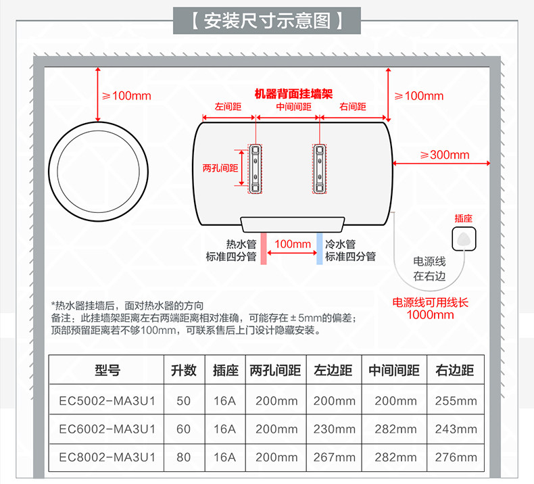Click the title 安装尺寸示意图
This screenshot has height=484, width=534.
pos(266,20)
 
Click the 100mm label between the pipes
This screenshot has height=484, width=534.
pos(293,243)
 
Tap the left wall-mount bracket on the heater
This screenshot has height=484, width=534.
pos(256,168)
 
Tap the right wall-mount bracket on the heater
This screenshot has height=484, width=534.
pos(319,168)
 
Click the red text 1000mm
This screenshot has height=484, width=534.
pos(430,314)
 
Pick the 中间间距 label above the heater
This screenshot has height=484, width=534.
pos(293,107)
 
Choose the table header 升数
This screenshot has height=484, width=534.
pos(183,370)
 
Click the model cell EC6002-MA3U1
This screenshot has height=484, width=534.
pos(107,429)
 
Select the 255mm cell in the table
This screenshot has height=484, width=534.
pos(456,400)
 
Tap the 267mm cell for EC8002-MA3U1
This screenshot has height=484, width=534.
pos(334,458)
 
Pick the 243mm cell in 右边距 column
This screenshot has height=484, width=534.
pos(456,429)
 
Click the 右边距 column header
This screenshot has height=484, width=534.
pos(456,370)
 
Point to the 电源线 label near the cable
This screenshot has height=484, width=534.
pos(429,261)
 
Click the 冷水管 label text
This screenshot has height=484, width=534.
pos(340,244)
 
